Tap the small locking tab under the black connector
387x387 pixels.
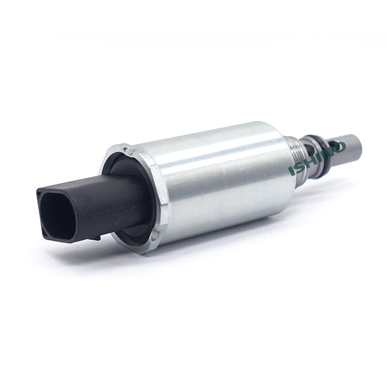click(95, 238)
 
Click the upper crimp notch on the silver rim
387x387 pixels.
click(127, 151)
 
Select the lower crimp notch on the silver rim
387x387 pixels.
click(155, 234)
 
